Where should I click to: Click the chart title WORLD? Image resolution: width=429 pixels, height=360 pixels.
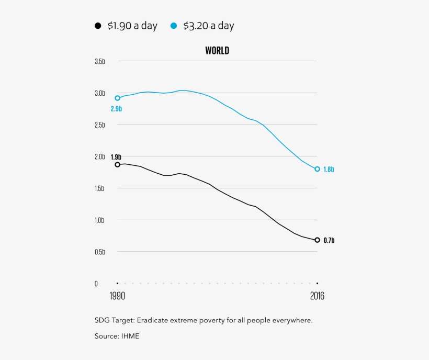tap(217, 51)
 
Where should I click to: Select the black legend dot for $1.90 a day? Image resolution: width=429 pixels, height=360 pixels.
tap(98, 26)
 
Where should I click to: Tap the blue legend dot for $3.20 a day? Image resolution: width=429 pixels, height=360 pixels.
tap(174, 26)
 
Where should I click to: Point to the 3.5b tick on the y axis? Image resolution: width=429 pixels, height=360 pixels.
tap(99, 61)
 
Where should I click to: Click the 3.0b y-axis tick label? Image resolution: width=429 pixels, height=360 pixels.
tap(99, 93)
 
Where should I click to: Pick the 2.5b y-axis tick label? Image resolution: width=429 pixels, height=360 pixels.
tap(99, 125)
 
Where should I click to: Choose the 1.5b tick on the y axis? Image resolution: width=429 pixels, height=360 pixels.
tap(99, 188)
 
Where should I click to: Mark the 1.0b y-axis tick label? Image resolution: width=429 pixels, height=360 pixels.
tap(99, 220)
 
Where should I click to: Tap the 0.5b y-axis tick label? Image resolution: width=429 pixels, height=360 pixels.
tap(99, 252)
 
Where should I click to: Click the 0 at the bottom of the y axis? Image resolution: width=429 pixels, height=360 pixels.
tap(96, 284)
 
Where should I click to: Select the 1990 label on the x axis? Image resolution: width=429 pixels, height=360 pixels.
tap(117, 296)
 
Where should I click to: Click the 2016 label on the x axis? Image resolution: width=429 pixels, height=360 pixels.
tap(317, 296)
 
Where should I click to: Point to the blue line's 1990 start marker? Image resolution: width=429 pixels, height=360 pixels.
tap(117, 98)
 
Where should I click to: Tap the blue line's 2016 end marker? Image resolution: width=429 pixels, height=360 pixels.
tap(317, 169)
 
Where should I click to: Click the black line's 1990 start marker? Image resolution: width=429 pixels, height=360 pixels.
tap(117, 164)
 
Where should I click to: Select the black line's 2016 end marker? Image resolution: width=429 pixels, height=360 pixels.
tap(317, 240)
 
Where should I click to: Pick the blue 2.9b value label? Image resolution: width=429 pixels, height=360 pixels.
tap(116, 109)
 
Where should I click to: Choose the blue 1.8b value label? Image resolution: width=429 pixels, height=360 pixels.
tap(329, 170)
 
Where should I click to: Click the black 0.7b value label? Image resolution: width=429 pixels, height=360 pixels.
tap(329, 241)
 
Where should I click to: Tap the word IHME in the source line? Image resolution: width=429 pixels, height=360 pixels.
tap(130, 336)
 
